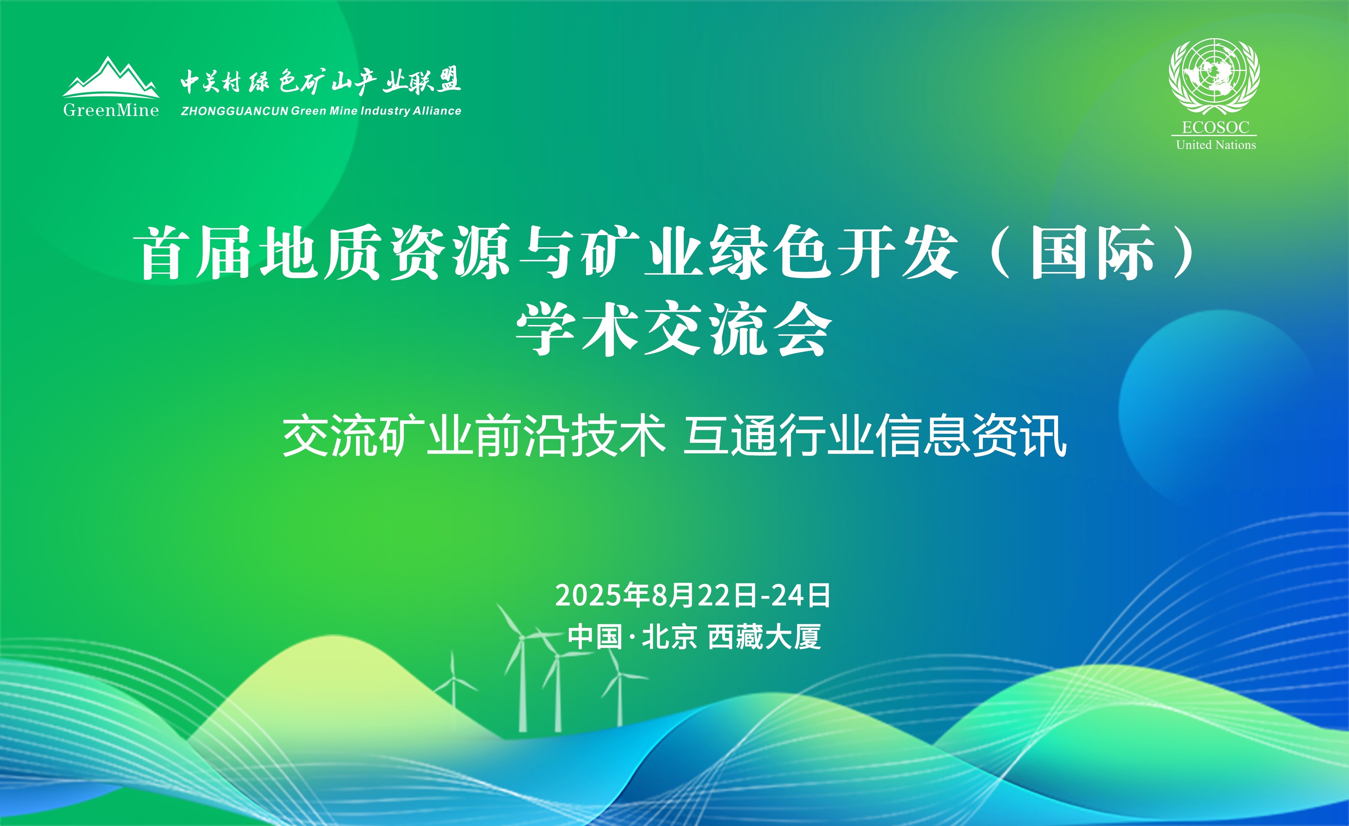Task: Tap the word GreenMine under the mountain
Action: point(111,110)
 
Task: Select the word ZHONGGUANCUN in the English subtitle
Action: point(234,111)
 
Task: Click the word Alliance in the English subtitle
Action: point(437,111)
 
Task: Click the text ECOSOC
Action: point(1215,128)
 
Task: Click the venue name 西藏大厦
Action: point(765,637)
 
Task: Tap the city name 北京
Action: point(669,637)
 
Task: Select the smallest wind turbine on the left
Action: point(453,679)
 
